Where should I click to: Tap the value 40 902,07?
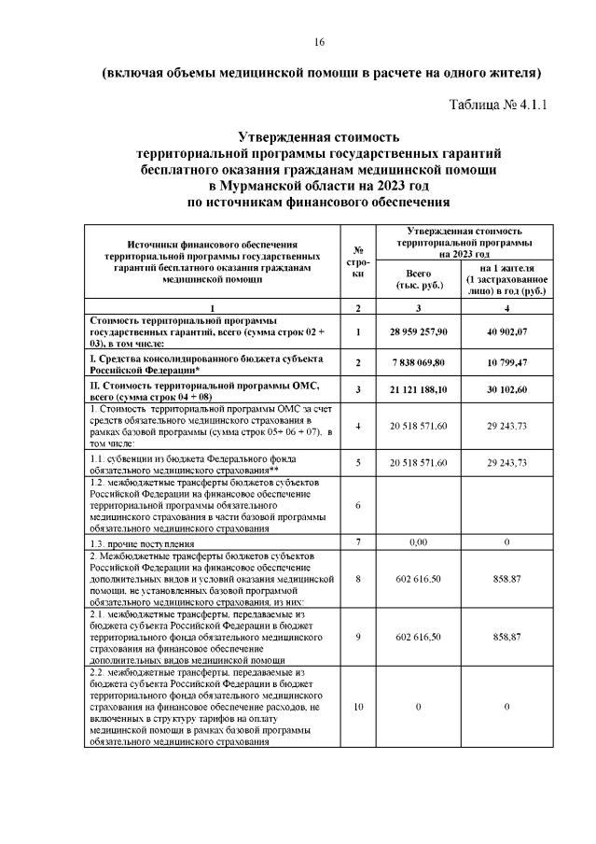[505, 331]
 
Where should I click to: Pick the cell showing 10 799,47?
[505, 363]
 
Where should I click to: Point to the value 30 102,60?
[505, 389]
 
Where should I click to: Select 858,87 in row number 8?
[505, 579]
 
